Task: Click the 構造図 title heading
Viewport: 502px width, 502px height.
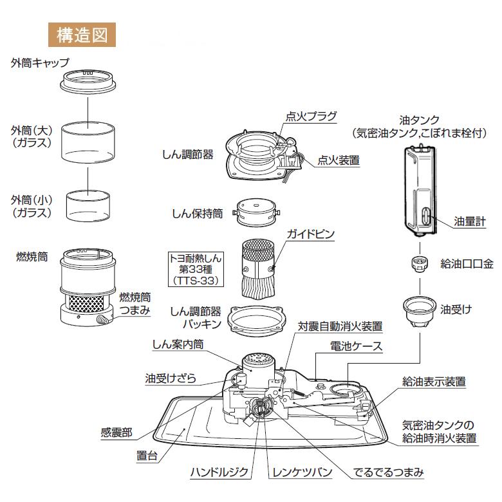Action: point(82,33)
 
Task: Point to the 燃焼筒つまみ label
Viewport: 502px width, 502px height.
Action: point(135,304)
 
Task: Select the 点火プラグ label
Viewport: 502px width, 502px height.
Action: point(311,116)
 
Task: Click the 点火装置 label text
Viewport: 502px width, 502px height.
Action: point(339,160)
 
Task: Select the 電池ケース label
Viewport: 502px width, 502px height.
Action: point(356,346)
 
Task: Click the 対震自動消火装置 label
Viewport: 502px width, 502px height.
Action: point(340,326)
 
